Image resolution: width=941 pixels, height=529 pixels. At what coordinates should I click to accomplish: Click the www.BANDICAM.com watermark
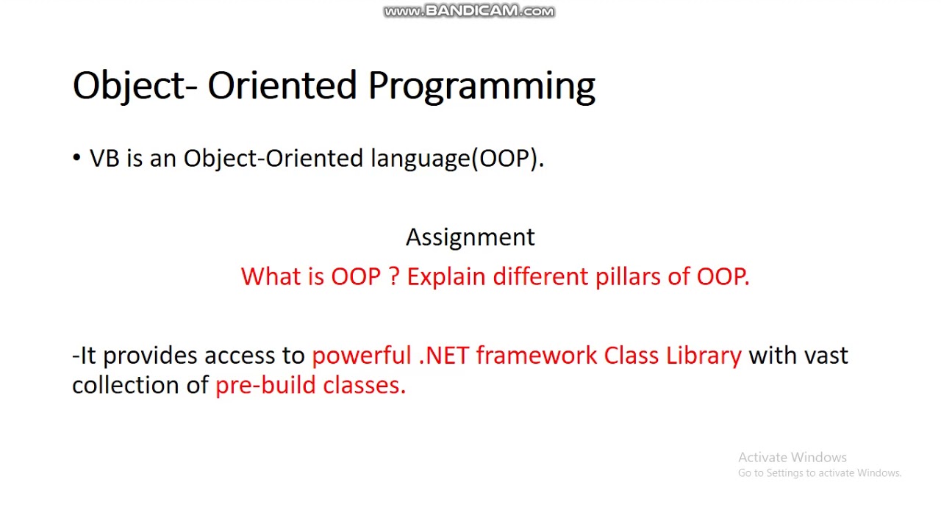pyautogui.click(x=469, y=11)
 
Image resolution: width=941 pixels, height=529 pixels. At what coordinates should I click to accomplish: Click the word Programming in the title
pyautogui.click(x=482, y=87)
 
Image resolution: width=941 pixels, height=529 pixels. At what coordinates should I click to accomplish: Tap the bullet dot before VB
pyautogui.click(x=76, y=158)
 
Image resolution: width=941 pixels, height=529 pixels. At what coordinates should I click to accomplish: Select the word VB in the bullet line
pyautogui.click(x=104, y=159)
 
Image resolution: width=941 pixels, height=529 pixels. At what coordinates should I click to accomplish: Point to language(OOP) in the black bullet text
pyautogui.click(x=457, y=159)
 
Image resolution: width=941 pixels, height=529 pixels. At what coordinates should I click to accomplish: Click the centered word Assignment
pyautogui.click(x=470, y=237)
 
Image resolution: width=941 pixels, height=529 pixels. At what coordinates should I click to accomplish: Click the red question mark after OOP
pyautogui.click(x=393, y=277)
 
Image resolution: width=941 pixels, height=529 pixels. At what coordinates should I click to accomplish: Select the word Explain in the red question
pyautogui.click(x=446, y=277)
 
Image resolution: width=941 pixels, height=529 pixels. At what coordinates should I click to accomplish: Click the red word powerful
pyautogui.click(x=361, y=356)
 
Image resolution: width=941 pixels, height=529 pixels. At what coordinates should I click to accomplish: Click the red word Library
pyautogui.click(x=704, y=356)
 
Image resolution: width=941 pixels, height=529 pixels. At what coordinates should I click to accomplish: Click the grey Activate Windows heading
pyautogui.click(x=792, y=457)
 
